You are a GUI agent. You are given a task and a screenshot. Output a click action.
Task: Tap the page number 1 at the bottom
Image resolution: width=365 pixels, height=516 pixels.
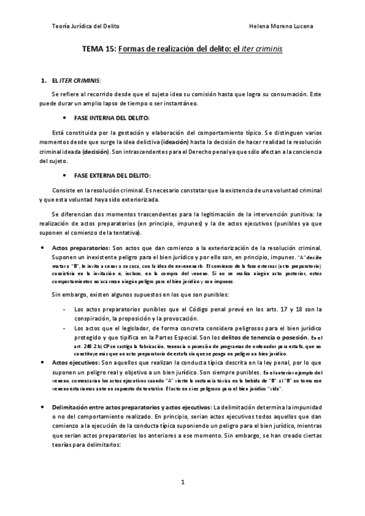(x=182, y=483)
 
